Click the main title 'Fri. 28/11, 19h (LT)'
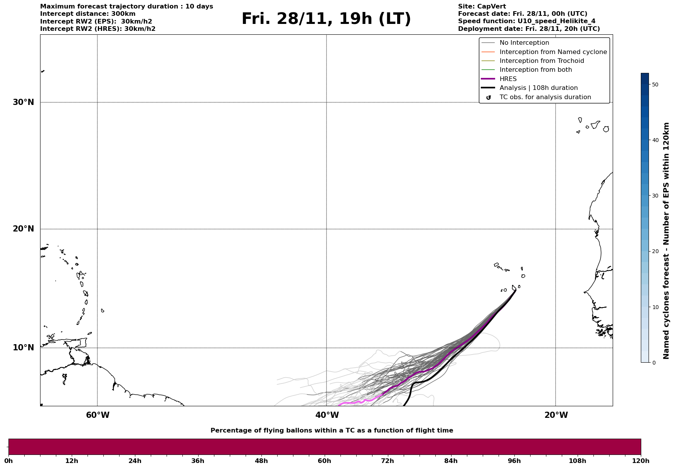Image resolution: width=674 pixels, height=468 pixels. tap(326, 19)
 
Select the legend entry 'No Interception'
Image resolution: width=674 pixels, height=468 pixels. tap(524, 43)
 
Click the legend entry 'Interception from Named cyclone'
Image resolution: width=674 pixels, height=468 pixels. tap(553, 52)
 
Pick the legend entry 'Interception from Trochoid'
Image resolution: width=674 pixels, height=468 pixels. tap(541, 61)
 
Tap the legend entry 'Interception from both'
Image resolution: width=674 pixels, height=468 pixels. tap(536, 70)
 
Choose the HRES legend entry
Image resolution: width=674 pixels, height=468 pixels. tap(508, 79)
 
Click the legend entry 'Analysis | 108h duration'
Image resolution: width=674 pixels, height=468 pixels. tap(538, 88)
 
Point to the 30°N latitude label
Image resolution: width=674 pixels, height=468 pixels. tap(24, 102)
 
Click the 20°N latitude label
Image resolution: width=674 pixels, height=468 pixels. tap(24, 229)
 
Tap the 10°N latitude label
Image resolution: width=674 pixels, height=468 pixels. tap(24, 348)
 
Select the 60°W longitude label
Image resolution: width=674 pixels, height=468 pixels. tap(98, 415)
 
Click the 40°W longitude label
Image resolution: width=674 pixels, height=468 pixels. tap(327, 415)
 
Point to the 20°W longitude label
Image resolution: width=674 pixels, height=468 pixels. tap(556, 415)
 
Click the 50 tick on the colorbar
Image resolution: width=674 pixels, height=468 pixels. tap(655, 84)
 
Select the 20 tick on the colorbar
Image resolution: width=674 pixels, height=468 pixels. tap(655, 252)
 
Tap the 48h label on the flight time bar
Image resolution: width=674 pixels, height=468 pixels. tap(261, 461)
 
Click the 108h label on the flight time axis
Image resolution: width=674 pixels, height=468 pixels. tap(577, 461)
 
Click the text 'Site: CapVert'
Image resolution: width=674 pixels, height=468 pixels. tap(482, 7)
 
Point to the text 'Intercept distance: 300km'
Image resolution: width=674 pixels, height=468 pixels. tap(88, 14)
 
